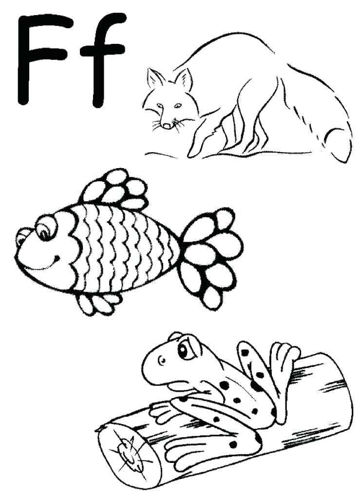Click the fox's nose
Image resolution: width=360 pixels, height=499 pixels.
pyautogui.click(x=167, y=125)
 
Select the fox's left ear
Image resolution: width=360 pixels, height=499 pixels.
pyautogui.click(x=155, y=78)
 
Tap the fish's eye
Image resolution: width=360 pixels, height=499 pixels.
pyautogui.click(x=45, y=229)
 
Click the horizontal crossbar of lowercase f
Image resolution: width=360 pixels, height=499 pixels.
pyautogui.click(x=102, y=49)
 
